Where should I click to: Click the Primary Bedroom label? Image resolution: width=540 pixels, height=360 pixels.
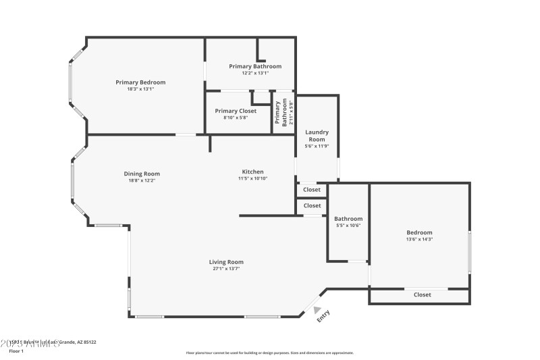(x=140, y=82)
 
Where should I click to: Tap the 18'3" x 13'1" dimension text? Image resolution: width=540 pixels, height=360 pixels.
(x=140, y=89)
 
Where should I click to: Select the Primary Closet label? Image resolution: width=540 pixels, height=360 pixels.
(x=236, y=111)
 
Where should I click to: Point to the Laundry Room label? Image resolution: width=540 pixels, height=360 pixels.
(x=317, y=135)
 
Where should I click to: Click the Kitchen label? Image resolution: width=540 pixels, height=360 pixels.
(x=253, y=172)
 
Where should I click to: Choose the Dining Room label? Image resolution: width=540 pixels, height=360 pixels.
(x=142, y=174)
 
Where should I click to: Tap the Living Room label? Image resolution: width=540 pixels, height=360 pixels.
(x=226, y=262)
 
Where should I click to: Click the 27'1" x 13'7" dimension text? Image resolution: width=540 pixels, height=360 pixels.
(x=226, y=269)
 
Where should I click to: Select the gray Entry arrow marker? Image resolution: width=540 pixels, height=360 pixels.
(x=317, y=309)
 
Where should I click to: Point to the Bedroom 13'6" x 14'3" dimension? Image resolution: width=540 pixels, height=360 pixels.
(x=419, y=239)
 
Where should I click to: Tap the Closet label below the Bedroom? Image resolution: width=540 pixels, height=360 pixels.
(x=423, y=294)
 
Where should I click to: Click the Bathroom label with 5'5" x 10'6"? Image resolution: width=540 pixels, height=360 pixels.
(x=348, y=219)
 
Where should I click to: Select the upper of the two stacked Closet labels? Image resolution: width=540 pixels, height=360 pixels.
(x=312, y=190)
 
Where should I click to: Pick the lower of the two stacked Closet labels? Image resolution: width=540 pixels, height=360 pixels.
(x=312, y=205)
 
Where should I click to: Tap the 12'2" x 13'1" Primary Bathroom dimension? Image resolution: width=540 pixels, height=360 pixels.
(x=255, y=73)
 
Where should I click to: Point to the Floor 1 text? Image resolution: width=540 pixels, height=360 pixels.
(x=16, y=351)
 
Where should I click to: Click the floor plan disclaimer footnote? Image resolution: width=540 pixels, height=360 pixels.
(x=269, y=353)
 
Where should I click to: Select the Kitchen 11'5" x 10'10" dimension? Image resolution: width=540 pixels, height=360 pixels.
(x=253, y=178)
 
